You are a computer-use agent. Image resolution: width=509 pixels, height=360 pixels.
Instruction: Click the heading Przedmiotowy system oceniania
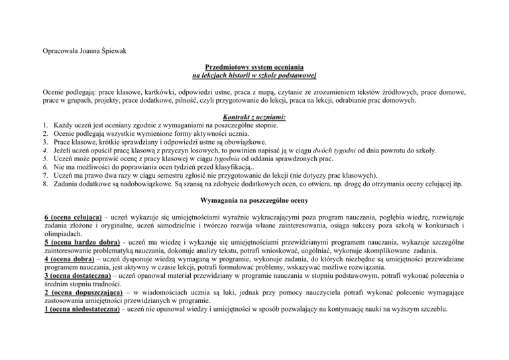(x=254, y=67)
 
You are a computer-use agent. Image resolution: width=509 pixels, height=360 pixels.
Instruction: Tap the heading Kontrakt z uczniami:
(x=254, y=117)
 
